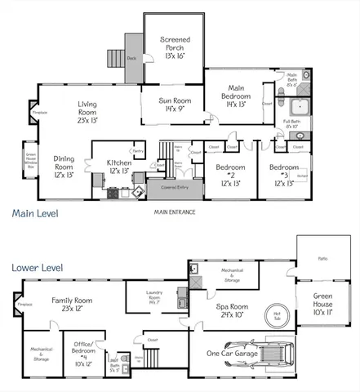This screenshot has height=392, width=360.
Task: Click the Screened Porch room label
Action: click(175, 47)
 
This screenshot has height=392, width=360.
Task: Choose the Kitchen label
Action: click(118, 167)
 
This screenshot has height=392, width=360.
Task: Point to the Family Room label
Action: click(72, 305)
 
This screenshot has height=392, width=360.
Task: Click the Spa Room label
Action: click(233, 310)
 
